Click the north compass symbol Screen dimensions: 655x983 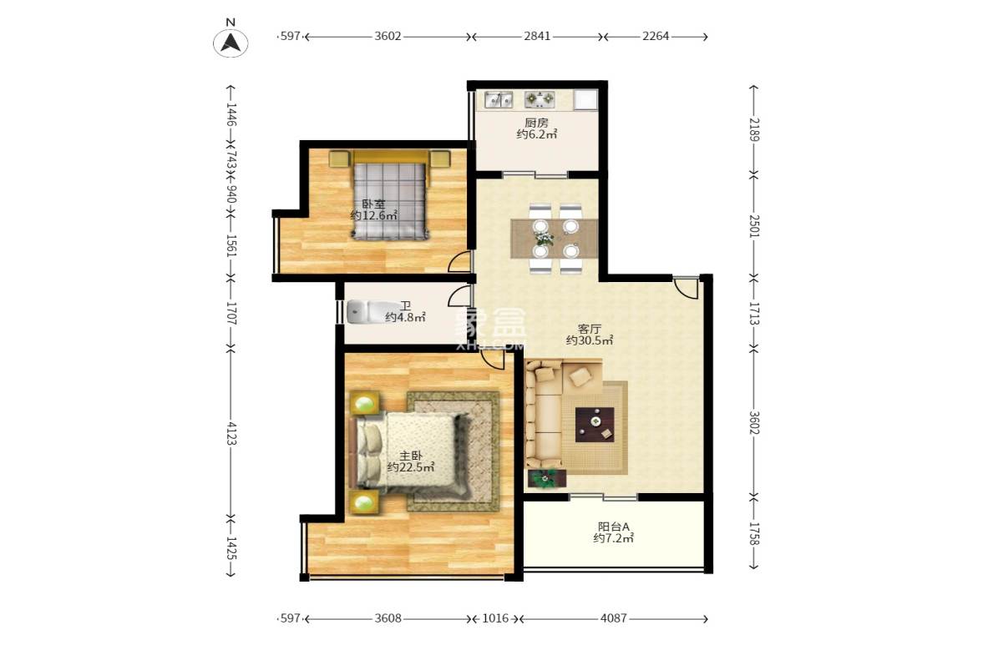coord(230,42)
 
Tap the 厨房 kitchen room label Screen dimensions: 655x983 coord(536,123)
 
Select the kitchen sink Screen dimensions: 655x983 coord(498,100)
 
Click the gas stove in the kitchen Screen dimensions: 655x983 coord(540,100)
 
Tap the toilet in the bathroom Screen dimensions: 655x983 coord(360,311)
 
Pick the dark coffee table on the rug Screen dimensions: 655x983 coord(595,424)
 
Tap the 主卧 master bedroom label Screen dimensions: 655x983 coord(409,456)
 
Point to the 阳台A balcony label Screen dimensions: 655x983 coord(613,527)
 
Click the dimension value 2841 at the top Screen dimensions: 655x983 coord(537,37)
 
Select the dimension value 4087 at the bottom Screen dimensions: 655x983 coord(614,618)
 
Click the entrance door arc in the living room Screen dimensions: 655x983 coord(687,288)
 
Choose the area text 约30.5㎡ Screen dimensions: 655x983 coord(590,340)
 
